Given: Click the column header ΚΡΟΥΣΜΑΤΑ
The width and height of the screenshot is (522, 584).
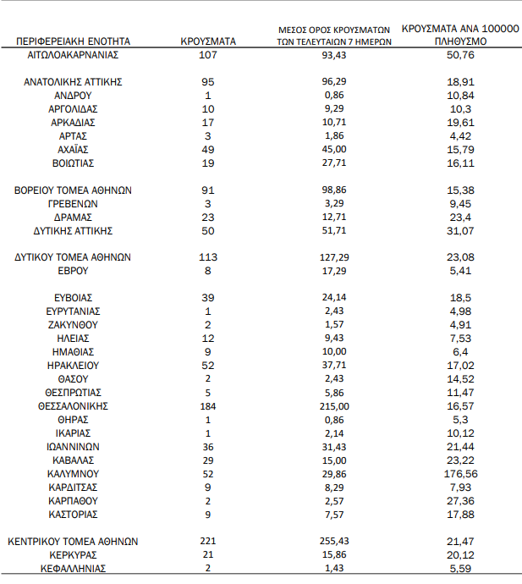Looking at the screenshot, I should tap(208, 40).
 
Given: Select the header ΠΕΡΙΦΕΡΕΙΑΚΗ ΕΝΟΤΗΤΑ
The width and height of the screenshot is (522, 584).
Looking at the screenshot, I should tap(73, 40).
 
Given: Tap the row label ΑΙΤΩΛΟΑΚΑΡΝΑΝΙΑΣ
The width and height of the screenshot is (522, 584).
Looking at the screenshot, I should tap(73, 55).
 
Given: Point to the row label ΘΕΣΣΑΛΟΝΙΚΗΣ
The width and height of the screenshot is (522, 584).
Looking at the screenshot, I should tap(73, 406).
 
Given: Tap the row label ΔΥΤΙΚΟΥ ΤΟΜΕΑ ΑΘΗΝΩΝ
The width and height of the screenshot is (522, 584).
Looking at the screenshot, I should tap(73, 256).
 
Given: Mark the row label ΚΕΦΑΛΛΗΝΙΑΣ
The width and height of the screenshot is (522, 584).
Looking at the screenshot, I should tap(73, 569).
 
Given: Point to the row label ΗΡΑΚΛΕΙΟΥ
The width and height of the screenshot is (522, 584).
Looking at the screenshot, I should tap(73, 366).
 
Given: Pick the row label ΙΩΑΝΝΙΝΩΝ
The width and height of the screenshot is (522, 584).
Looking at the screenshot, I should tap(73, 447).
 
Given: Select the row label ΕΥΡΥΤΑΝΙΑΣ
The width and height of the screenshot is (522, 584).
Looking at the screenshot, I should tap(73, 311).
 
